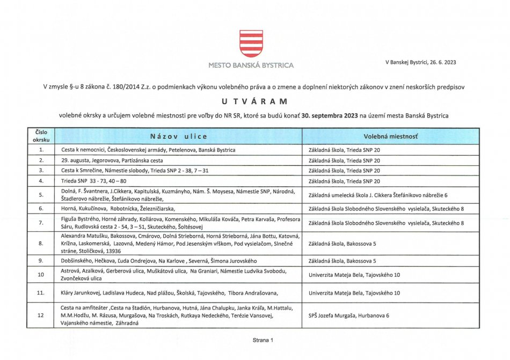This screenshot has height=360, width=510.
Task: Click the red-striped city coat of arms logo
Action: (251, 43)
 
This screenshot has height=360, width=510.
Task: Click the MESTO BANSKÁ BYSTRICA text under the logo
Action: (251, 65)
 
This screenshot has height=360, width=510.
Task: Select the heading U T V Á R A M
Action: (254, 101)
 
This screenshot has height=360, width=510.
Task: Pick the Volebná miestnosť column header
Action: (391, 136)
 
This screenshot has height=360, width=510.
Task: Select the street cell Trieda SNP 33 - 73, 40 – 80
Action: (101, 181)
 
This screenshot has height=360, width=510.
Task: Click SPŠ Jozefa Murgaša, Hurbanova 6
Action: (349, 315)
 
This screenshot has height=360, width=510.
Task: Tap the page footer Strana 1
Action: (263, 340)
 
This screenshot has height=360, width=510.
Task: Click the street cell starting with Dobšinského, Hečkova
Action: (137, 261)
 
